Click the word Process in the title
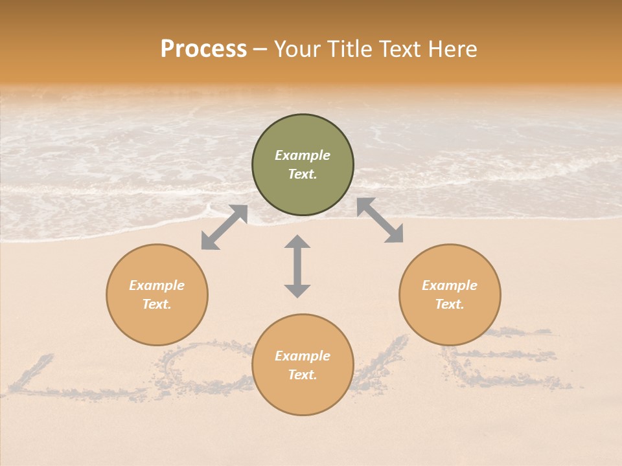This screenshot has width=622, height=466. (x=203, y=49)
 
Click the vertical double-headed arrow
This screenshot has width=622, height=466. (x=297, y=266)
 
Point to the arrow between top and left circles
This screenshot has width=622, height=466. (x=224, y=227)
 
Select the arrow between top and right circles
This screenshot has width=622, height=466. (x=380, y=220)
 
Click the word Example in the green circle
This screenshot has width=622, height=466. (x=303, y=155)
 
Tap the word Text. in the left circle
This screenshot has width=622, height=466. (x=157, y=304)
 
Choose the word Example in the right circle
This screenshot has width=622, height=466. (x=450, y=285)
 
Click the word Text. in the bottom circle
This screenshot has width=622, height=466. (x=303, y=375)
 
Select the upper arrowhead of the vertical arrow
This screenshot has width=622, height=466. (x=297, y=242)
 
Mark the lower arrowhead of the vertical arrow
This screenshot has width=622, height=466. (x=297, y=291)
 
